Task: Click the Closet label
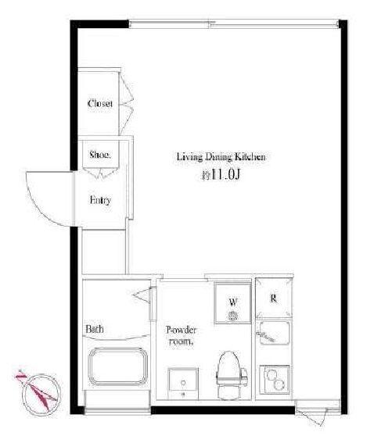point(99,103)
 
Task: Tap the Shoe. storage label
point(100,155)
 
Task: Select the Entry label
point(100,200)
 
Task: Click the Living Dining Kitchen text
point(221,157)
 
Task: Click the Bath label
point(95,329)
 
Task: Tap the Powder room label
point(181,336)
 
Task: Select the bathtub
point(118,366)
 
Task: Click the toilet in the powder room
point(231,375)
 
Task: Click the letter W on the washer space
point(233,302)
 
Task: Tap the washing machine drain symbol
point(232,316)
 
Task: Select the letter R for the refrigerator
point(274,298)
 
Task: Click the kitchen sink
point(275,333)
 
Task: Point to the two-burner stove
point(275,380)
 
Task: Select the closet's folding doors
point(126,104)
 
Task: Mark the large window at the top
point(234,24)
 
